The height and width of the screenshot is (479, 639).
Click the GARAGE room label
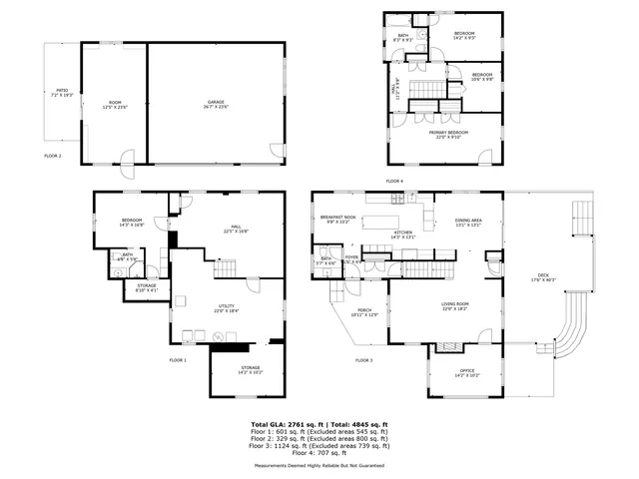(x=216, y=103)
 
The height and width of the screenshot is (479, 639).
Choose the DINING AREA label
(x=468, y=223)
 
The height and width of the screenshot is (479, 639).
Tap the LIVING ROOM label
(x=456, y=306)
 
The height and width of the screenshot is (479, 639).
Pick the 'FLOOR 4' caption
(x=394, y=181)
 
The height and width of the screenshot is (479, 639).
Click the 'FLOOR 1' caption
(x=178, y=358)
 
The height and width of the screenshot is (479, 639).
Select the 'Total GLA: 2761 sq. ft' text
(x=288, y=424)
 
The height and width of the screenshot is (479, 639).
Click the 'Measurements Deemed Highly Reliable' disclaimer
(x=319, y=465)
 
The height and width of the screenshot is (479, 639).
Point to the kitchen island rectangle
(x=379, y=220)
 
